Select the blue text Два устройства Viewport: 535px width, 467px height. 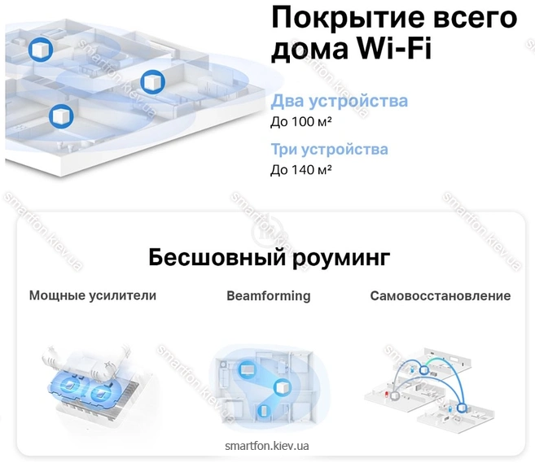pos(339,101)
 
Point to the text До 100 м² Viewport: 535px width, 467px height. pos(301,121)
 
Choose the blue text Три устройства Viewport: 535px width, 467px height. pos(329,150)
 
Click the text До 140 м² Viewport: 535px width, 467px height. pos(301,169)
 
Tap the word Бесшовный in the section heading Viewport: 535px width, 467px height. pos(217,257)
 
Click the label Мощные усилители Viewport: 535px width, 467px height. pos(93,295)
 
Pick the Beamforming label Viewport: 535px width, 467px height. pos(269,296)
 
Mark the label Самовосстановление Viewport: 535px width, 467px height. pos(441,296)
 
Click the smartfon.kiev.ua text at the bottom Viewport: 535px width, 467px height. pos(267,446)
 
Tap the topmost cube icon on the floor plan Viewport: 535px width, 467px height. pos(40,50)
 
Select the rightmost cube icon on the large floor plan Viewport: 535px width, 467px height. pos(153,82)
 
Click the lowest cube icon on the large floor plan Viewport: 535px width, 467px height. pos(61,116)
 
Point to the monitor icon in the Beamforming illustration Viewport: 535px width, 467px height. pos(246,369)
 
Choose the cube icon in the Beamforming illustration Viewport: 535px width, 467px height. pos(283,387)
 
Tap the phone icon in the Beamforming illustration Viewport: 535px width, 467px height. pos(263,411)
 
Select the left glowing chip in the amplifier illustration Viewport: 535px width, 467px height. pos(71,385)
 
